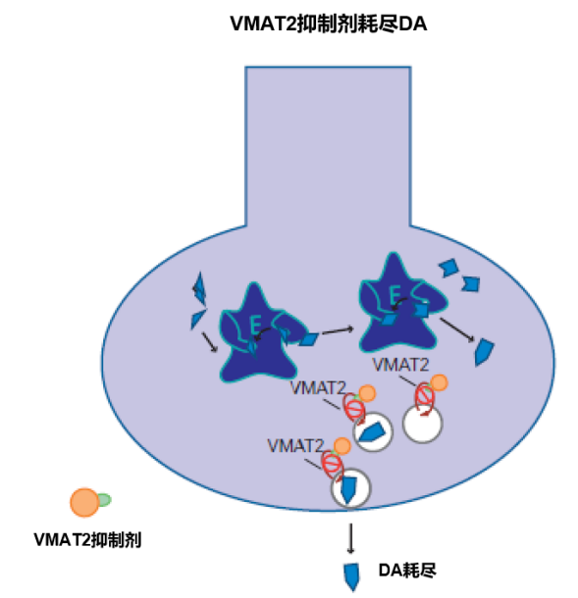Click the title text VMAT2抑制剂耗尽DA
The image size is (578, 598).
pos(329,25)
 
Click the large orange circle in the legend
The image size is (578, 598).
pos(84,502)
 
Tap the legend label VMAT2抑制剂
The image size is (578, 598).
pos(87,540)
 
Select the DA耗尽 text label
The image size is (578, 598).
pos(407,571)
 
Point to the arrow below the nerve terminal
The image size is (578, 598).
pos(350,538)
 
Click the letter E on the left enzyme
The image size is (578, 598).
pos(255,325)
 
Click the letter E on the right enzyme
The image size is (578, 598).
pos(395,294)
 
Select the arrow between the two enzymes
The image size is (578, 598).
pos(338,330)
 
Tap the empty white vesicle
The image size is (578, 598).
pos(422,424)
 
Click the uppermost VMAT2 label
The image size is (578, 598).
pos(400,365)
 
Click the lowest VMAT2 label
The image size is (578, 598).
pos(295,445)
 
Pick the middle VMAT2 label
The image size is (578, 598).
pos(318,388)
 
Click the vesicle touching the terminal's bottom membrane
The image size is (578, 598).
pos(350,488)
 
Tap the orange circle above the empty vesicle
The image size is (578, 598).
pos(439,382)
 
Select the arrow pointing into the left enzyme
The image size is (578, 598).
pos(210,342)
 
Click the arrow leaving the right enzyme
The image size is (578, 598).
pos(457,329)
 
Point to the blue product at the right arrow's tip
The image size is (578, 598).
pos(484,352)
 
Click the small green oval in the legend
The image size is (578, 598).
pos(104,500)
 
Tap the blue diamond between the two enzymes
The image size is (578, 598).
pos(308,339)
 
